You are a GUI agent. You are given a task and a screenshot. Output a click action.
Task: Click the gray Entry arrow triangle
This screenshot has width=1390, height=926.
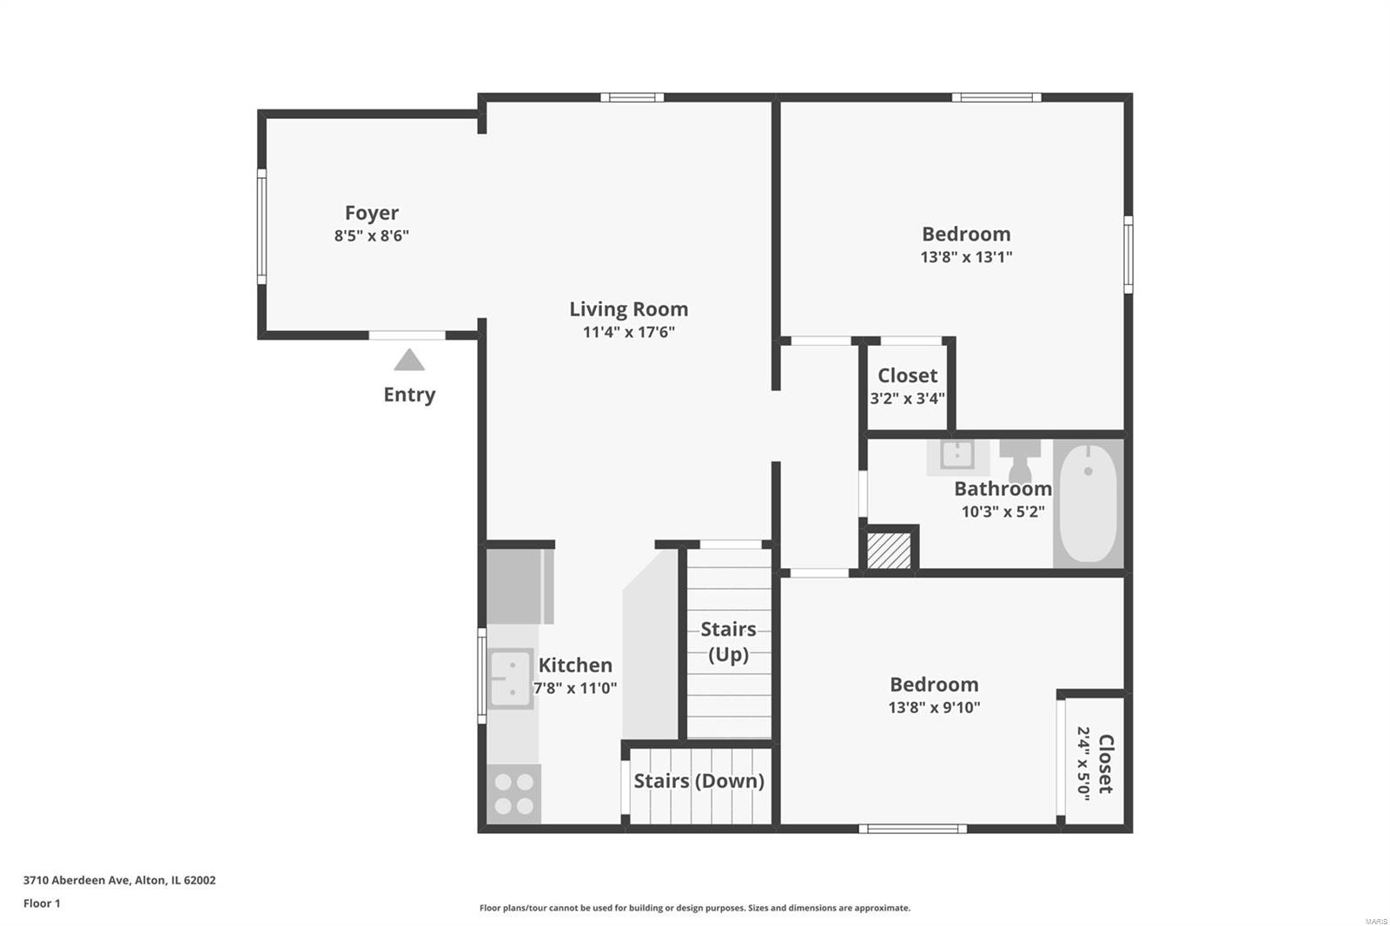click(x=409, y=360)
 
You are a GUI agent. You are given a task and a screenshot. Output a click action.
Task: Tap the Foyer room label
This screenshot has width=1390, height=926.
click(x=372, y=213)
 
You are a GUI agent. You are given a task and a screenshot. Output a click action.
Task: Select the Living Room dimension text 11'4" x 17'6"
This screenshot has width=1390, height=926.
click(x=629, y=332)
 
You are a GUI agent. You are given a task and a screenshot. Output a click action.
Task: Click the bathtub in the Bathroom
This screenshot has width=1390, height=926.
click(x=1089, y=503)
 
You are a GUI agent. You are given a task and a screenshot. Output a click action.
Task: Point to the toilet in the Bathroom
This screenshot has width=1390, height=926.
click(x=1020, y=460)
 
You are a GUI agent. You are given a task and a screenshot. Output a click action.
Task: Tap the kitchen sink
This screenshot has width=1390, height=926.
click(x=510, y=679)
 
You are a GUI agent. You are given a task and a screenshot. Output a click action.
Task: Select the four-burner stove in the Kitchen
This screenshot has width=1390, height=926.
click(x=513, y=794)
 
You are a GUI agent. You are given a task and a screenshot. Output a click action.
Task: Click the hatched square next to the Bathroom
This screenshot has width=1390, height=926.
click(x=889, y=550)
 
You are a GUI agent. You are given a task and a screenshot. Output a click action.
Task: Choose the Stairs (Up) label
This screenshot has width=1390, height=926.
click(x=729, y=642)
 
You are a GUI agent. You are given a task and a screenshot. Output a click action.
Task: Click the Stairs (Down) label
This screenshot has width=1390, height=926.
click(x=698, y=781)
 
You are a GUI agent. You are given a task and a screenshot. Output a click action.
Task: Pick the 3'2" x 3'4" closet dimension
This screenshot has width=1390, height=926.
click(x=907, y=399)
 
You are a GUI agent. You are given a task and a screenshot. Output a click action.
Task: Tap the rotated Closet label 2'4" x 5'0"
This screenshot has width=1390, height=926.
click(x=1095, y=764)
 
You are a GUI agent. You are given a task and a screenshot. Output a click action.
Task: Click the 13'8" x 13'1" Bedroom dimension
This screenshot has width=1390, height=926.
click(x=966, y=257)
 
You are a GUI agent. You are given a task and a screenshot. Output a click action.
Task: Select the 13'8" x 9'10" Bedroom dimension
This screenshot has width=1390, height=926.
click(x=934, y=708)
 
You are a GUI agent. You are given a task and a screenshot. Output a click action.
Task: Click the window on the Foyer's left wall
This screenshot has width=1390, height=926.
click(x=261, y=227)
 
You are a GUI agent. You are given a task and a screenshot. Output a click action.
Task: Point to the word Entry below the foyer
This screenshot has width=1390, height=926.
click(x=409, y=394)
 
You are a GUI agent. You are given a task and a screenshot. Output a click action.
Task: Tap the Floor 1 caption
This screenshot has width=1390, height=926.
click(x=43, y=903)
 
